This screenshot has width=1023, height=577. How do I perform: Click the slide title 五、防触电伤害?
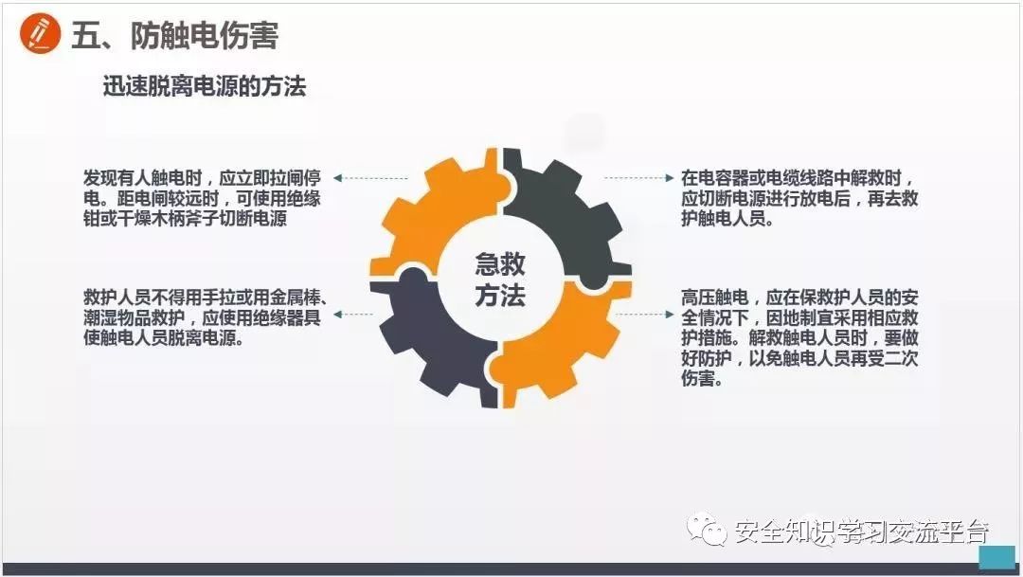(x=175, y=36)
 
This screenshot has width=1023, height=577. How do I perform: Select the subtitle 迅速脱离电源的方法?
(x=204, y=87)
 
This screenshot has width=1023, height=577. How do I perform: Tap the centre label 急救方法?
(x=500, y=279)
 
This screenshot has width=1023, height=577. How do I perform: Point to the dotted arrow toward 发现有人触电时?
(x=370, y=178)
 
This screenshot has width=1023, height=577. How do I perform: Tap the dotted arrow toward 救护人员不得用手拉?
(x=370, y=314)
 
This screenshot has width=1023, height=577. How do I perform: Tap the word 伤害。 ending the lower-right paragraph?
(x=702, y=380)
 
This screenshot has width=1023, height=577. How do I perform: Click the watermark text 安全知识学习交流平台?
(x=860, y=532)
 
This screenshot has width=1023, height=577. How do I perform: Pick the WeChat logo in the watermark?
(x=709, y=530)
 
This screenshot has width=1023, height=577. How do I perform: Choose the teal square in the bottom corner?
(x=996, y=557)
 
